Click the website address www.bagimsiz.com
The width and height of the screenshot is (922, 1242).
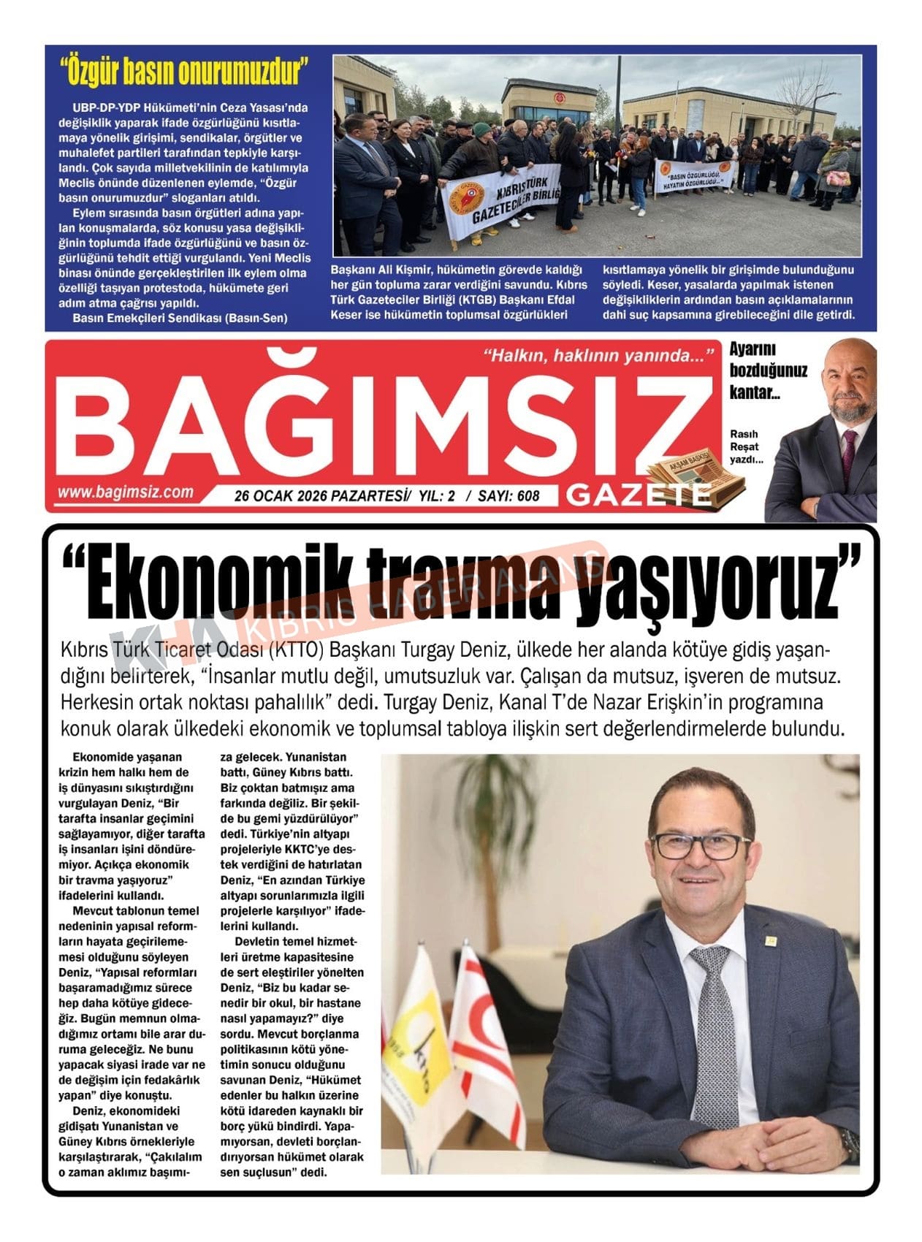tap(126, 492)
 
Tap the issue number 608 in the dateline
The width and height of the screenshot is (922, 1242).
tap(527, 496)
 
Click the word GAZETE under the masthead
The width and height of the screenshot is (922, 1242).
tap(638, 495)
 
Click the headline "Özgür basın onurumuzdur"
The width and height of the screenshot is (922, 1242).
tap(184, 72)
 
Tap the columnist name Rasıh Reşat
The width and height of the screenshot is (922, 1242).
tap(744, 440)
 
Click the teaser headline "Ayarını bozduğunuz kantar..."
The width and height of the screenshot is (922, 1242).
tap(767, 370)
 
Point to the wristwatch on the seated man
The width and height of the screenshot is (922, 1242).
tap(847, 1144)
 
